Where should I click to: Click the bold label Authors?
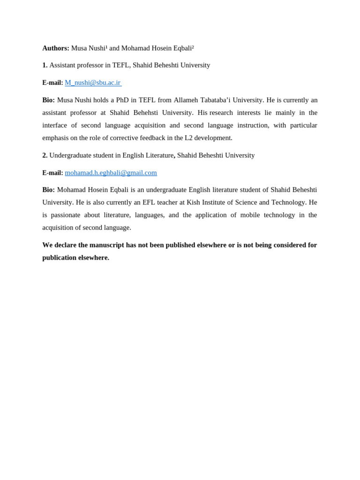click(56, 48)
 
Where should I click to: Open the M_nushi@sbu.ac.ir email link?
click(93, 83)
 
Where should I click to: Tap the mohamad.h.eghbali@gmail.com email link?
click(111, 173)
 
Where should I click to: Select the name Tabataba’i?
click(215, 100)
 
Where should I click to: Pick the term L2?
click(188, 138)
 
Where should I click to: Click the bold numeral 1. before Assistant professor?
click(45, 65)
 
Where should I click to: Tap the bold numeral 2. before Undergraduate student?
click(45, 155)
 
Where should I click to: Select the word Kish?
click(193, 202)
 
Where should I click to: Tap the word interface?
click(55, 125)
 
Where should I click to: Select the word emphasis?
click(55, 138)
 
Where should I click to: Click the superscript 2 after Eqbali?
click(193, 47)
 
